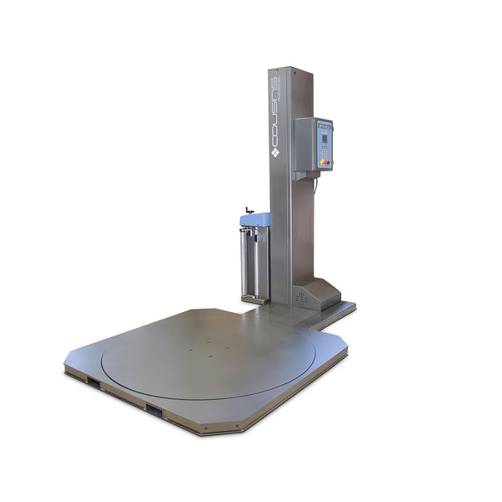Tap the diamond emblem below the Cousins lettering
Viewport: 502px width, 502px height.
[x=274, y=154]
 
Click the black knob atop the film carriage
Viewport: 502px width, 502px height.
[x=248, y=210]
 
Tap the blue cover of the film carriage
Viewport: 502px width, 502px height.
[x=254, y=220]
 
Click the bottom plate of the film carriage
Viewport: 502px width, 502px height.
[x=254, y=300]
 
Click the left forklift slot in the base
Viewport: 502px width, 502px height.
[x=93, y=382]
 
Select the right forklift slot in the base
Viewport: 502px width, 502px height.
[x=154, y=410]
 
